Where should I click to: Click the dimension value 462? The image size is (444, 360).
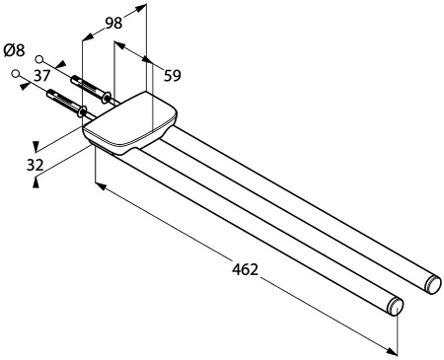245,269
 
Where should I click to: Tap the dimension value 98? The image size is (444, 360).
113,23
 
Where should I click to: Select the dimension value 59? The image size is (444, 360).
173,76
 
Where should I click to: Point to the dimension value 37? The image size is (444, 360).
42,76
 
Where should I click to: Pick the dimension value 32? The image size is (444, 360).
36,165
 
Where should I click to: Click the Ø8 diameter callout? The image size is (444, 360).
14,50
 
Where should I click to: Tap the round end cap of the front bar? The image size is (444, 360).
396,307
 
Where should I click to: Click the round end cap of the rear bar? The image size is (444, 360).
433,285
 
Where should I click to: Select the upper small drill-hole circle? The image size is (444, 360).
39,59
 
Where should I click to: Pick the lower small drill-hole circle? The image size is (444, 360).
15,73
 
